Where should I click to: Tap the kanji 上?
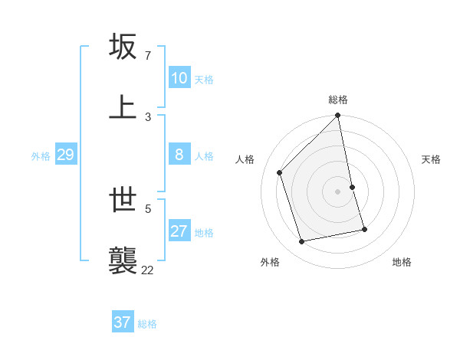tap(123, 106)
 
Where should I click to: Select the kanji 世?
tap(123, 201)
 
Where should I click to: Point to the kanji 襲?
tap(123, 260)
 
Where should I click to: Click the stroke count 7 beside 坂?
tap(147, 56)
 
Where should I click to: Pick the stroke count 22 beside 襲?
tap(147, 269)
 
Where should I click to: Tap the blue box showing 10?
tap(179, 78)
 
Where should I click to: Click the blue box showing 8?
tap(179, 155)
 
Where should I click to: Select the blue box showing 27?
tap(179, 231)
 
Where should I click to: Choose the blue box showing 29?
tap(65, 155)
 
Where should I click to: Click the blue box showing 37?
tap(122, 322)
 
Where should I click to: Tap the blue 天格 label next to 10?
tap(203, 80)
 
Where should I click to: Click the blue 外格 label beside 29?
tap(41, 156)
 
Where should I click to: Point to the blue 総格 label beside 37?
tap(147, 324)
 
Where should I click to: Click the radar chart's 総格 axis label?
tap(338, 100)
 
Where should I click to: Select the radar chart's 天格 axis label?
tap(431, 159)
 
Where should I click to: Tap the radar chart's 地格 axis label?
tap(402, 263)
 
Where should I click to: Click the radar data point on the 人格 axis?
tap(280, 172)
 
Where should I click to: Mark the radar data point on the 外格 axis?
tap(302, 242)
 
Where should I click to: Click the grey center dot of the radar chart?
tap(338, 191)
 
